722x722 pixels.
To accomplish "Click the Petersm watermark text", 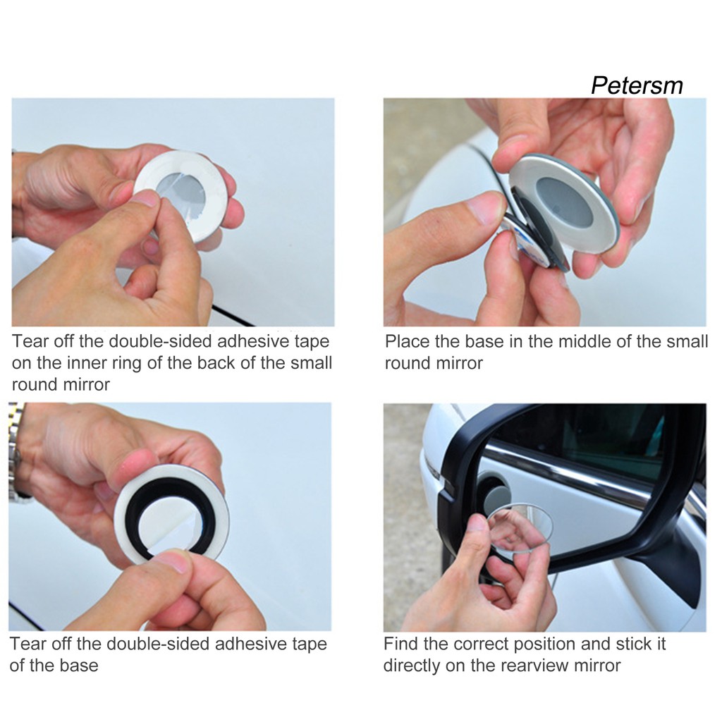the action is (637, 85).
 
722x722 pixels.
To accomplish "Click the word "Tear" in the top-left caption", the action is (29, 341).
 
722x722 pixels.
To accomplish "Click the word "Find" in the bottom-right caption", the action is (401, 643).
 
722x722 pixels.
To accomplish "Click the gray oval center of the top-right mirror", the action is (564, 202).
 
